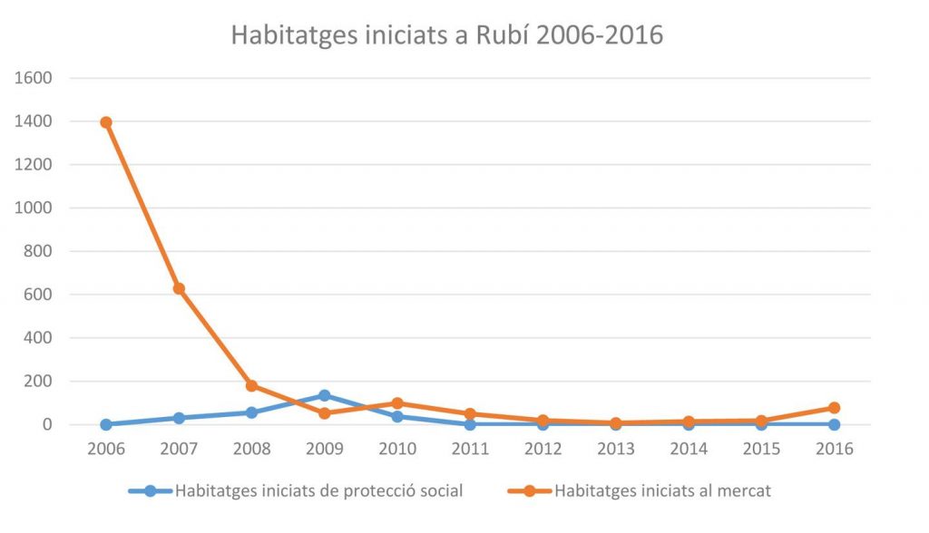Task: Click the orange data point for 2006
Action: pos(106,122)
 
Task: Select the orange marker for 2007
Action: pos(179,289)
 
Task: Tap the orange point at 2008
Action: pos(252,386)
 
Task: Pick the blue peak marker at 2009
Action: pos(325,395)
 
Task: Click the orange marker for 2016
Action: pos(835,407)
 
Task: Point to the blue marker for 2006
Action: pos(106,424)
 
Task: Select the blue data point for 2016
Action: pos(835,424)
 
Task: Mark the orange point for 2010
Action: pos(397,403)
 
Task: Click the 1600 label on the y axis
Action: pos(34,78)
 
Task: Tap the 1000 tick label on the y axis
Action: pos(34,208)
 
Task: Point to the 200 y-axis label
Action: pos(38,381)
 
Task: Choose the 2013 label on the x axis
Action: pos(616,449)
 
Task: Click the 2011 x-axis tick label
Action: pos(471,449)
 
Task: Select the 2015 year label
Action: pos(761,449)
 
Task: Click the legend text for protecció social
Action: pos(319,491)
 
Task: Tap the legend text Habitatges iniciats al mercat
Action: pos(663,491)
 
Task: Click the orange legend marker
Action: pos(530,491)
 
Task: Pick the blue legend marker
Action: pos(151,491)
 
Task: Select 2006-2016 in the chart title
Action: pos(600,35)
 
